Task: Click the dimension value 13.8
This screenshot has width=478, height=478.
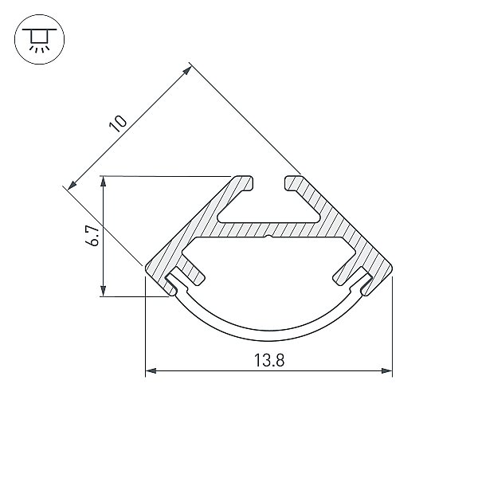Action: pos(269,360)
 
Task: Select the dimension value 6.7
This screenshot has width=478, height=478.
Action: pos(92,236)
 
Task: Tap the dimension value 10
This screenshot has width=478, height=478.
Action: pos(118,123)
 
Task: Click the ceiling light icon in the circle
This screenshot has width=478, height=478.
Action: pos(39,39)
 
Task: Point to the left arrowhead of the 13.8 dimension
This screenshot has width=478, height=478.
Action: pos(151,370)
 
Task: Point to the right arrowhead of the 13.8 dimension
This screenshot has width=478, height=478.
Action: pos(386,370)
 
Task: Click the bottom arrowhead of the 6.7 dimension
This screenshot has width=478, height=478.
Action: pos(104,291)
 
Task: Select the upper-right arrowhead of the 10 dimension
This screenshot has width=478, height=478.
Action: pos(187,71)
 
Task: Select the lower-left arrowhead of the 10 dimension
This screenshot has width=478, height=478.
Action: pos(72,185)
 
